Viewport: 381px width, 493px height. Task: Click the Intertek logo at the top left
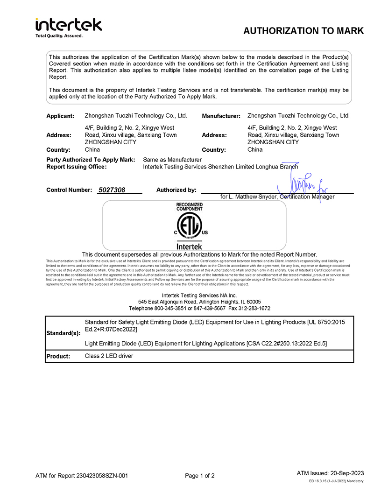click(x=68, y=25)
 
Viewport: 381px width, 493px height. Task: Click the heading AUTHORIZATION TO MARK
click(x=303, y=31)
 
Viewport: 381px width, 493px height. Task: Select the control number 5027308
click(x=113, y=190)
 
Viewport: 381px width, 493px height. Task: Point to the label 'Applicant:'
click(x=60, y=116)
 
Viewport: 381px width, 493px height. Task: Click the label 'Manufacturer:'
click(x=221, y=116)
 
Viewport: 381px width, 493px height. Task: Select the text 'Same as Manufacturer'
click(x=172, y=160)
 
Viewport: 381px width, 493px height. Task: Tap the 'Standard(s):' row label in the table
click(x=63, y=333)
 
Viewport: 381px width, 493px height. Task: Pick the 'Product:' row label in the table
click(x=58, y=357)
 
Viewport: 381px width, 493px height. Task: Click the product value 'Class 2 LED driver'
click(x=109, y=356)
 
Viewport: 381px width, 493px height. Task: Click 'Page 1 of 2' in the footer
click(x=200, y=476)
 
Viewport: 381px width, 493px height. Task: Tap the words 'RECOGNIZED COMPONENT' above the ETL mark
click(x=189, y=207)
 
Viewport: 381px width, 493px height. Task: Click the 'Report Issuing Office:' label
click(x=77, y=167)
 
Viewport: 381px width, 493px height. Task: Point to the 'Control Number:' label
click(x=69, y=190)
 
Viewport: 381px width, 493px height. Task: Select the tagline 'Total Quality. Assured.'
click(x=59, y=35)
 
